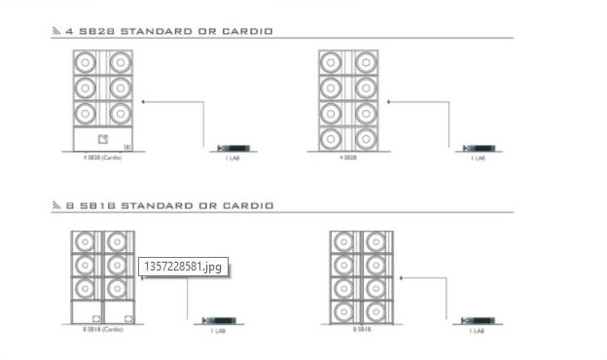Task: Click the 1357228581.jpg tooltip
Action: [184, 266]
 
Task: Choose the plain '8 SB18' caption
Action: [361, 330]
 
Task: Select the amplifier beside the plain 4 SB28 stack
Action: [477, 148]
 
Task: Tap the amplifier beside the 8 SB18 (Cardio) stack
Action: [217, 320]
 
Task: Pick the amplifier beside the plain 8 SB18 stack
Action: [477, 320]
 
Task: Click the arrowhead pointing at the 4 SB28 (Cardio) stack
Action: [143, 100]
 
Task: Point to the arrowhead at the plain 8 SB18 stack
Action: [402, 275]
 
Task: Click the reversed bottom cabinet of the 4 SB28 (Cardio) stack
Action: [103, 140]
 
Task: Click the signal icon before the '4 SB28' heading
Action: [56, 31]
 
